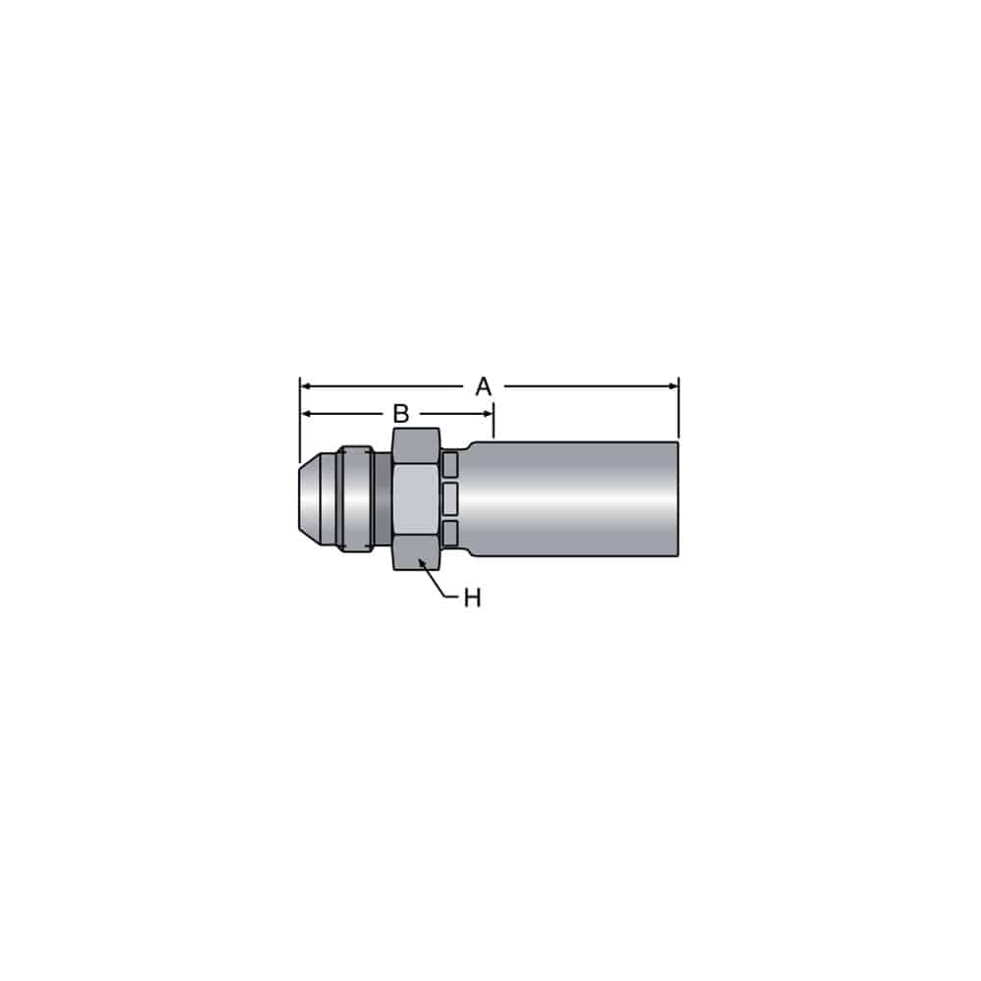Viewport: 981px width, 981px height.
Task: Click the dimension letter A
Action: point(483,387)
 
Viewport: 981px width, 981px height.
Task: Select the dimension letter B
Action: point(400,414)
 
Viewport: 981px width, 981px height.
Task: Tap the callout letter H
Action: point(473,598)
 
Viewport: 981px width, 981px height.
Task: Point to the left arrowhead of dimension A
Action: point(306,387)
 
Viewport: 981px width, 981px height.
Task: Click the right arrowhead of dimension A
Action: point(673,387)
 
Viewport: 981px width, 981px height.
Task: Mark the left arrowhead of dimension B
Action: point(306,414)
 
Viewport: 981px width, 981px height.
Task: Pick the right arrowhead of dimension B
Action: point(488,414)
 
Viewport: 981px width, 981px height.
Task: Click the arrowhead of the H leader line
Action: point(422,563)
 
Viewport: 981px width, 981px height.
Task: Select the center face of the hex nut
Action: point(417,498)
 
